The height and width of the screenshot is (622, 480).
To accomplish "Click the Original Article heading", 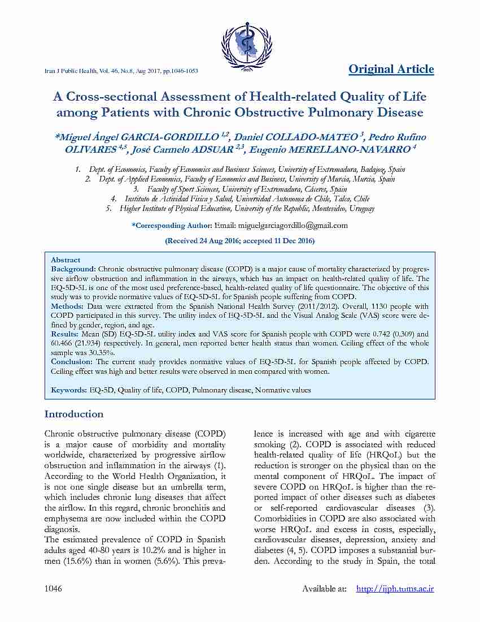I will (391, 69).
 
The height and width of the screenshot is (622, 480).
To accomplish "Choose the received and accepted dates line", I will (239, 241).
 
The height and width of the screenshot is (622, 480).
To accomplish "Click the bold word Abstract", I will (66, 260).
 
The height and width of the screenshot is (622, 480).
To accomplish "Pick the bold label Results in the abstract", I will (65, 334).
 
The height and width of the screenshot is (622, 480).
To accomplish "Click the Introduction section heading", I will (74, 414).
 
